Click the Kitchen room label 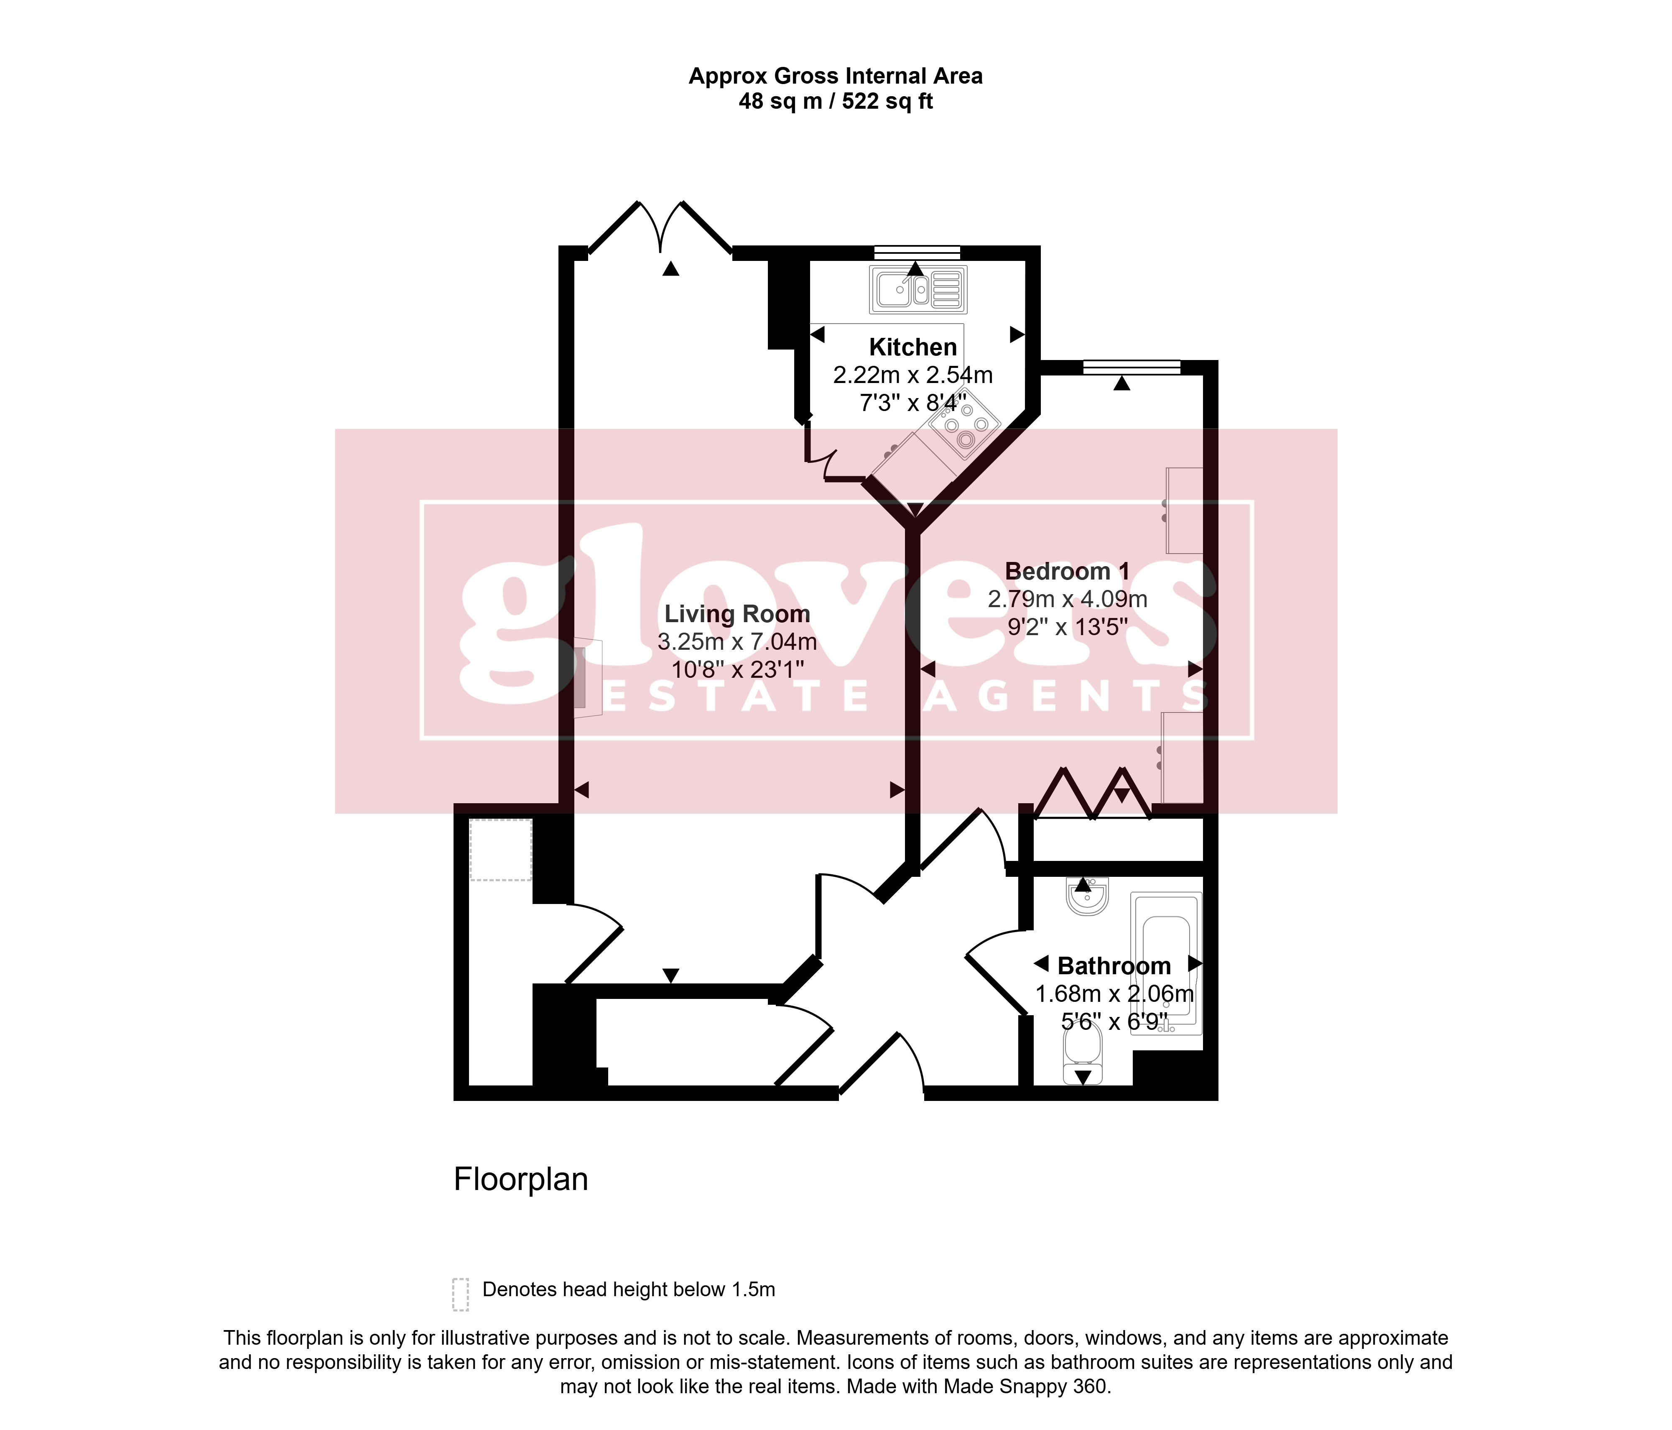pyautogui.click(x=912, y=347)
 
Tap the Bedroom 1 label pyautogui.click(x=1067, y=571)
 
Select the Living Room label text pyautogui.click(x=737, y=614)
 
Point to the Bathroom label pyautogui.click(x=1114, y=966)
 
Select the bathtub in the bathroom pyautogui.click(x=1166, y=963)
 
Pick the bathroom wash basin pyautogui.click(x=1087, y=896)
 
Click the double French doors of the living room pyautogui.click(x=661, y=228)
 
